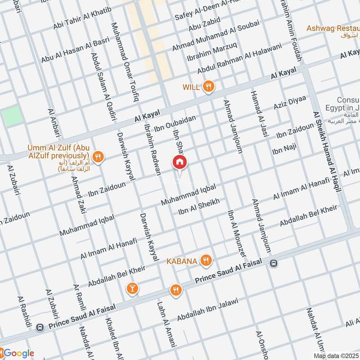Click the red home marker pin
(x=179, y=162)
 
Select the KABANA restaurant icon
(x=206, y=260)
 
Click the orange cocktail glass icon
(x=132, y=288)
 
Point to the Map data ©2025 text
(x=336, y=356)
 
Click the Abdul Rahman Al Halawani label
(x=239, y=58)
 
